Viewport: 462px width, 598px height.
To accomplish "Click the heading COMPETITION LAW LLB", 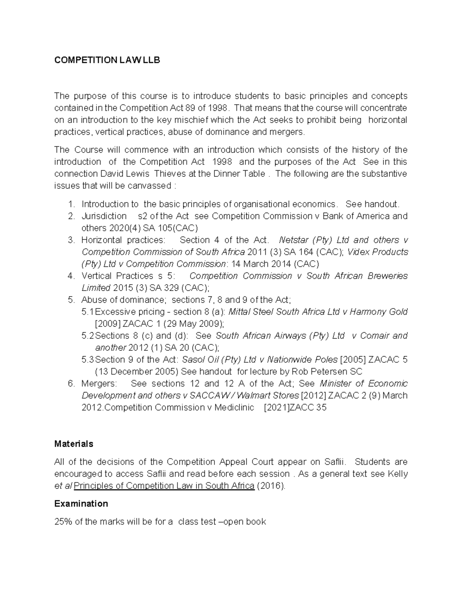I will pos(107,60).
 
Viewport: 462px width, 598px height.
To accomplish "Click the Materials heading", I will pos(74,444).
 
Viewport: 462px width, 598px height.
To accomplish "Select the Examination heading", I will pos(81,504).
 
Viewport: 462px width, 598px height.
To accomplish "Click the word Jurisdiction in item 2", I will pos(104,216).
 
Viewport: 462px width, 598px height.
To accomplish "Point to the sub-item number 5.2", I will pos(88,336).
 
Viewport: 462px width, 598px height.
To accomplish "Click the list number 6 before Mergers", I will pos(70,384).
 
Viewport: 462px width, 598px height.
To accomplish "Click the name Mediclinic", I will pos(234,407).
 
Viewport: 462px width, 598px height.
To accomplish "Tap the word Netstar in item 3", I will pos(293,240).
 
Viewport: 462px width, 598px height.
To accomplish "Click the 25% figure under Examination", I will pos(63,522).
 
